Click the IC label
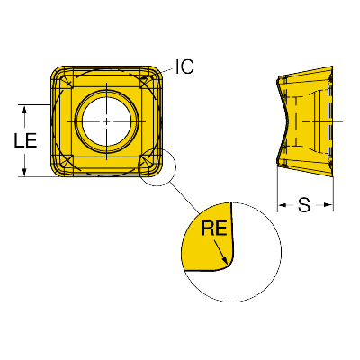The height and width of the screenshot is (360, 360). (x=184, y=67)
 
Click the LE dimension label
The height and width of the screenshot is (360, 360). (x=25, y=140)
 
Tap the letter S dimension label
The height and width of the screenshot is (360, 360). (x=304, y=205)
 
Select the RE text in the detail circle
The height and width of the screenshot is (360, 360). (x=214, y=228)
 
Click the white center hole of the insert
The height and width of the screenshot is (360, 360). (x=107, y=121)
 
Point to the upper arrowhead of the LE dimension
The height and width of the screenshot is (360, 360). (x=24, y=110)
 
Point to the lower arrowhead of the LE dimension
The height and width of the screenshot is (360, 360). (x=24, y=172)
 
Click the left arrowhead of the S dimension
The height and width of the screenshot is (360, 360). (x=283, y=205)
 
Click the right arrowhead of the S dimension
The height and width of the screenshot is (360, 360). (x=328, y=205)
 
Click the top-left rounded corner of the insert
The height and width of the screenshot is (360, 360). (x=58, y=73)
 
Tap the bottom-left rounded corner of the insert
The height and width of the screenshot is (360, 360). (x=58, y=170)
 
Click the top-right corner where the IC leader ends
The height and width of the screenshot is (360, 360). (x=159, y=72)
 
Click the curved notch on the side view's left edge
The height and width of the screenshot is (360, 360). (x=285, y=121)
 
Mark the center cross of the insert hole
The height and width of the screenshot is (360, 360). (x=107, y=121)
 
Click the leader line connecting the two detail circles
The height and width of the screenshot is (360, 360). (x=184, y=198)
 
